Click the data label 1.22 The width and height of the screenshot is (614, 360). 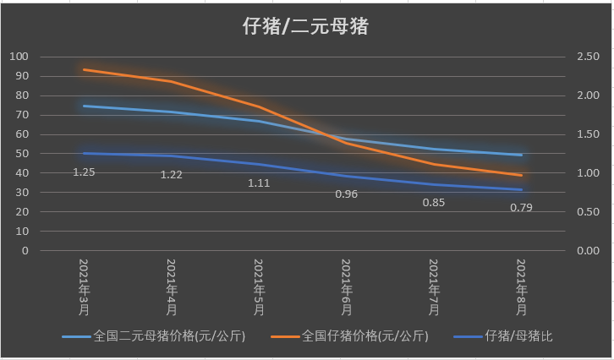172,174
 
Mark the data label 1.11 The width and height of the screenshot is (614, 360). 259,183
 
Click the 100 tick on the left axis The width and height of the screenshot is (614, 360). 19,57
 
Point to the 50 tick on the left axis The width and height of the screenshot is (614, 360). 22,154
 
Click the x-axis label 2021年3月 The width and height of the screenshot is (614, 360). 85,288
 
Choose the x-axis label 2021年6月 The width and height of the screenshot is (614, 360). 347,288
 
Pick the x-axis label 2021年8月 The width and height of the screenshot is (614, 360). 522,288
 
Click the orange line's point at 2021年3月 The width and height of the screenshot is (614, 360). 85,69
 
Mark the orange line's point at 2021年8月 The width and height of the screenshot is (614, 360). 522,175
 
